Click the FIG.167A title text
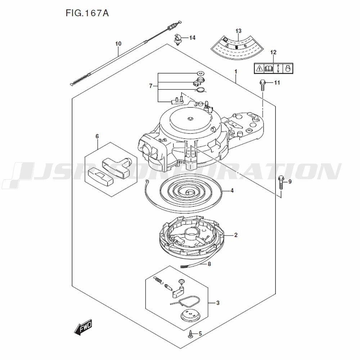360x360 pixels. [87, 13]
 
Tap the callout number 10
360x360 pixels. [118, 44]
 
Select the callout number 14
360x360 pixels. [192, 38]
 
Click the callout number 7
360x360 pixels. [151, 86]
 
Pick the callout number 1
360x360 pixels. [235, 72]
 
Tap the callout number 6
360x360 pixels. [97, 136]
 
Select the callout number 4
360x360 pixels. [232, 190]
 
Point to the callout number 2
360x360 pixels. [235, 235]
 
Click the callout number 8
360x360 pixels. [209, 264]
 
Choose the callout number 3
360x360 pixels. [218, 303]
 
